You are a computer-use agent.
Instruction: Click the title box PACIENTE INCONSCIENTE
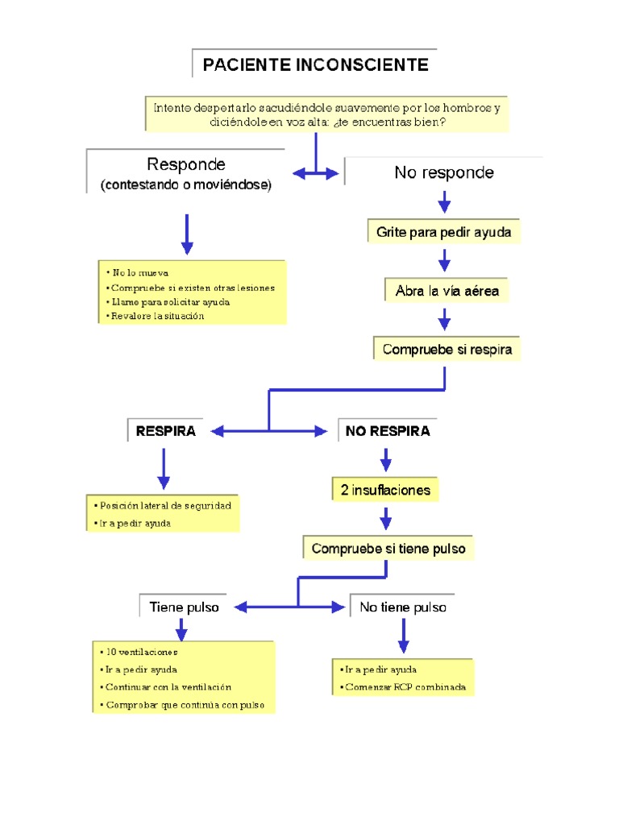click(x=315, y=64)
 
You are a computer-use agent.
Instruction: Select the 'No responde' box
click(x=444, y=172)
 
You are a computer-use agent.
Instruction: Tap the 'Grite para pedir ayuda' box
click(x=443, y=233)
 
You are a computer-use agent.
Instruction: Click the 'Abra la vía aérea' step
click(x=447, y=292)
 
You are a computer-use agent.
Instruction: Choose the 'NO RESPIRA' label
click(x=388, y=431)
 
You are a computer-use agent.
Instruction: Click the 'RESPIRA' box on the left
click(x=166, y=431)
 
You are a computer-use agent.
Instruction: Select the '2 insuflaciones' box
click(x=385, y=490)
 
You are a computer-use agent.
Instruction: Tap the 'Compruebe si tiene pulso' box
click(x=388, y=549)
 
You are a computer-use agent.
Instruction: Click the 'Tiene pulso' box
click(x=184, y=607)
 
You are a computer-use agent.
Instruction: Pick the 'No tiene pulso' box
click(x=403, y=607)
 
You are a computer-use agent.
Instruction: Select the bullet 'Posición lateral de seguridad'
click(x=165, y=505)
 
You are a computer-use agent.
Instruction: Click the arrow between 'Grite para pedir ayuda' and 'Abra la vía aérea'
click(x=444, y=261)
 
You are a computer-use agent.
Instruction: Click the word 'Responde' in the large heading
click(x=186, y=165)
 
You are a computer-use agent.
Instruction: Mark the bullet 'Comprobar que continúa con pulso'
click(x=189, y=705)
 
